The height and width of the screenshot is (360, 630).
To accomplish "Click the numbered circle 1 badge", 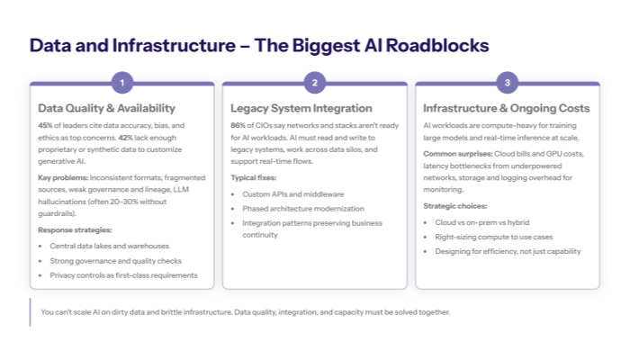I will (122, 84).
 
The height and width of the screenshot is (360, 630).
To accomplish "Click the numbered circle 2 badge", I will (315, 84).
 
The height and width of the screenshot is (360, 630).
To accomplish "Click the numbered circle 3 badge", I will (508, 84).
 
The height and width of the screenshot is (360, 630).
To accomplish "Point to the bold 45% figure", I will (46, 125).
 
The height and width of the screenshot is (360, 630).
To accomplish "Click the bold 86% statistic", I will (238, 125).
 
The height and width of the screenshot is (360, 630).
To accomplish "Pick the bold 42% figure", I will (127, 137).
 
